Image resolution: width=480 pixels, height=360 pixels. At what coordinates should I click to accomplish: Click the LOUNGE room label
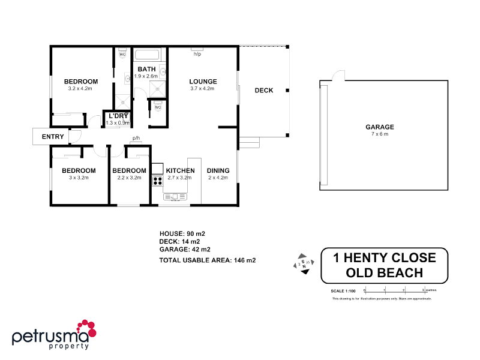203,82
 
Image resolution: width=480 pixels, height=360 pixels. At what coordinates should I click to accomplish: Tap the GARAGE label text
380,127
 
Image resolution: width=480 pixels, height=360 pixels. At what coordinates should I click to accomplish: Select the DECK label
263,91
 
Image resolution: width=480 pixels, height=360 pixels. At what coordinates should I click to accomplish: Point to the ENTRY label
52,137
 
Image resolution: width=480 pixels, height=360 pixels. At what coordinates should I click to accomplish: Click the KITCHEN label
180,170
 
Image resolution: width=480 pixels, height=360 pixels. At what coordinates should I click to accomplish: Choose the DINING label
218,170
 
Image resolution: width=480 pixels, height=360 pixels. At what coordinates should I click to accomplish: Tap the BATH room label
145,70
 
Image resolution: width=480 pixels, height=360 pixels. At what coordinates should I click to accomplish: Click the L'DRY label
118,116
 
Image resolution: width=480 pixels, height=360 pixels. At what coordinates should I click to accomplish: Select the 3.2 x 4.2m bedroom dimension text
81,88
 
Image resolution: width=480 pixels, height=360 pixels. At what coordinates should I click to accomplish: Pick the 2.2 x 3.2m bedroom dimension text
129,177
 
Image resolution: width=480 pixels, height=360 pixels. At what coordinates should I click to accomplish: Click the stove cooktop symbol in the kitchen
158,180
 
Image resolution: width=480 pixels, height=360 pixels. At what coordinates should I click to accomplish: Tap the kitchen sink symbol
175,196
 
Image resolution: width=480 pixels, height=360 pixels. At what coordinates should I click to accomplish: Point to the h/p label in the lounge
197,54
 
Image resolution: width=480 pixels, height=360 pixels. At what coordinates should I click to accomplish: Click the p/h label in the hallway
136,139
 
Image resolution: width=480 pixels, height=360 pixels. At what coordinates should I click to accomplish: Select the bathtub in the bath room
148,56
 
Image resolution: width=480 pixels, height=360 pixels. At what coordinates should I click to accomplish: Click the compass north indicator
304,263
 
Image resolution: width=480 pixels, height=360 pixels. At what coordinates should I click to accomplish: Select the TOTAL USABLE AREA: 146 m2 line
207,260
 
